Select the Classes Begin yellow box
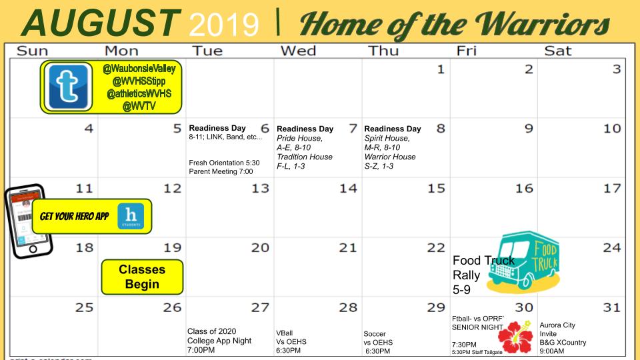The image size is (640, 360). pyautogui.click(x=142, y=277)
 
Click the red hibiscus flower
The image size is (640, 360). pyautogui.click(x=517, y=335)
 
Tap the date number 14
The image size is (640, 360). pyautogui.click(x=348, y=189)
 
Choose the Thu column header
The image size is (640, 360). pyautogui.click(x=385, y=50)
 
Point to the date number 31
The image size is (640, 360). pyautogui.click(x=612, y=308)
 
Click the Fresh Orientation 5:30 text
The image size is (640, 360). pyautogui.click(x=224, y=162)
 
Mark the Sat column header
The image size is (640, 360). pyautogui.click(x=559, y=50)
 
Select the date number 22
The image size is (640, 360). pyautogui.click(x=436, y=248)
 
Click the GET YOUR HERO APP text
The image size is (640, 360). pyautogui.click(x=75, y=217)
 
